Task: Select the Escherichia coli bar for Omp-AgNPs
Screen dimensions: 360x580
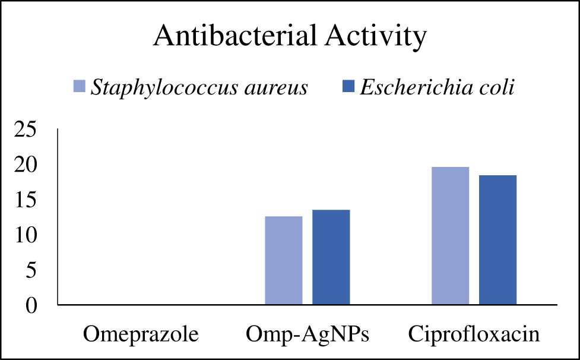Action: (x=331, y=257)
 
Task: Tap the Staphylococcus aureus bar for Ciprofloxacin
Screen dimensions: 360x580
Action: (x=450, y=236)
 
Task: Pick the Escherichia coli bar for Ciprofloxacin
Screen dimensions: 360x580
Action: (x=497, y=240)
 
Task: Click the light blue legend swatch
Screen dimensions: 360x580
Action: (x=79, y=87)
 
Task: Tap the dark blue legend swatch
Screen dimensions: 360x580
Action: (x=349, y=87)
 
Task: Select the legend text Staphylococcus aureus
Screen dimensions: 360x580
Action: (x=199, y=88)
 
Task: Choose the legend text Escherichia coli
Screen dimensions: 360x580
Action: (x=437, y=87)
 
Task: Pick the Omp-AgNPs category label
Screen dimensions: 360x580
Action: (x=307, y=334)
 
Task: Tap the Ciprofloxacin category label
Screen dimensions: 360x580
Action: (x=474, y=334)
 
